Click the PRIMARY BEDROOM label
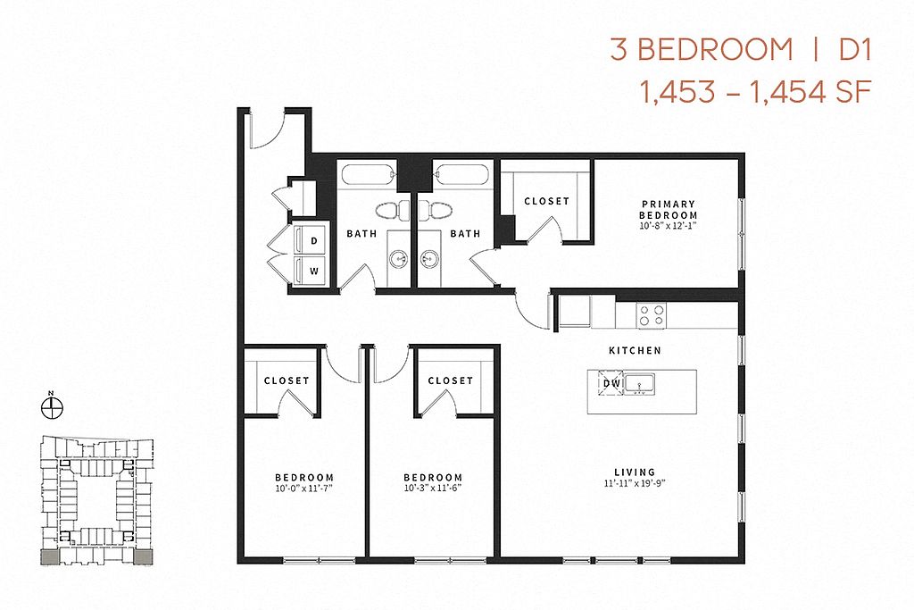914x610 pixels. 669,209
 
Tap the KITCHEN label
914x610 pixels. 635,350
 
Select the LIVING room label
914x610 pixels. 635,472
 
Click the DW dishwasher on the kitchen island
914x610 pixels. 611,383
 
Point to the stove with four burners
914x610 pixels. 651,315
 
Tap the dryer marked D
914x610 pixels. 309,240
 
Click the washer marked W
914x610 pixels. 309,271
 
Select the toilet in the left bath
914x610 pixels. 393,210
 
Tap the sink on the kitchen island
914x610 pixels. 640,384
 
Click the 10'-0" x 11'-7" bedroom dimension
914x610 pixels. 303,489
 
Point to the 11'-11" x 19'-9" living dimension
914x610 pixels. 635,483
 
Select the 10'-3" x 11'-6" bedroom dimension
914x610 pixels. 433,489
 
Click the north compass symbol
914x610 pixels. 52,406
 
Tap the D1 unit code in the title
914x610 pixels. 854,50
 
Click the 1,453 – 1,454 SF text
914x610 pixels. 756,92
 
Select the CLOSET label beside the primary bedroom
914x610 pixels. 546,201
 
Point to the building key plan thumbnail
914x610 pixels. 96,500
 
